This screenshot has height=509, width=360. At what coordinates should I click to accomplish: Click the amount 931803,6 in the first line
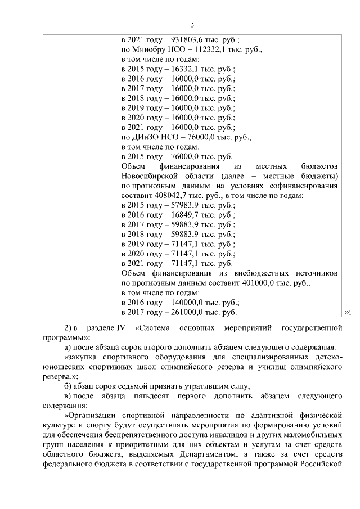186,40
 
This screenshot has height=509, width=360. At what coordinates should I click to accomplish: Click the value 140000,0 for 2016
184,302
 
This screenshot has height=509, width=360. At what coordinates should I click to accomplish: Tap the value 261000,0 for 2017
184,312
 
